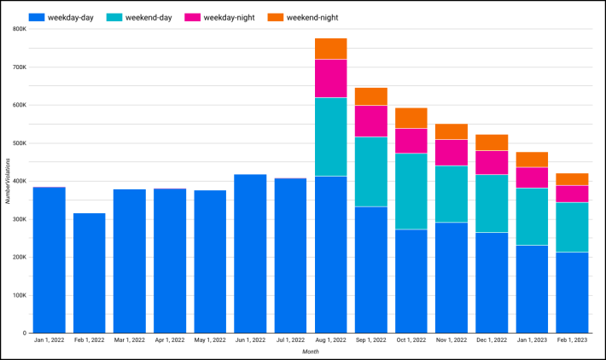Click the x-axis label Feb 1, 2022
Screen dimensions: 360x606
tap(89, 341)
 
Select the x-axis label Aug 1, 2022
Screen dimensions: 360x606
tap(330, 341)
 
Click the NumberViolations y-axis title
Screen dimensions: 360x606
tap(7, 181)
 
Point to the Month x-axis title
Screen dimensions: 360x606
tap(311, 351)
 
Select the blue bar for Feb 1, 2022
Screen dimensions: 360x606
tap(89, 273)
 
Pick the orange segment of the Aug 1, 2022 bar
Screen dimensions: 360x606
tap(330, 49)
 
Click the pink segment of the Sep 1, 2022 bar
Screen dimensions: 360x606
tap(371, 121)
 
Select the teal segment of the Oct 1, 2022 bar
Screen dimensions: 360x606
tap(411, 191)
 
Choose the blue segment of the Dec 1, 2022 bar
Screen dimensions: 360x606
tap(492, 282)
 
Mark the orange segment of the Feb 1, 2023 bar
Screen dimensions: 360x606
tap(572, 179)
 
